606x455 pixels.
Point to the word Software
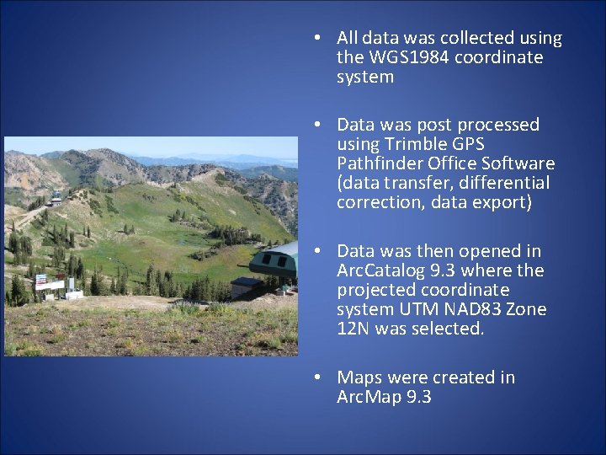click(519, 163)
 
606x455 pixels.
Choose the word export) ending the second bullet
click(502, 202)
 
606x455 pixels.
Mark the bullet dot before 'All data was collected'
click(314, 39)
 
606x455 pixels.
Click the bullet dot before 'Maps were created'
click(314, 378)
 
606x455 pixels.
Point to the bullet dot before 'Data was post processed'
click(314, 126)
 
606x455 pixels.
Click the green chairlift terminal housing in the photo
click(276, 261)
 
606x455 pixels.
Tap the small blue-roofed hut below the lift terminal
click(247, 286)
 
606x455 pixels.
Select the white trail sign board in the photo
click(50, 285)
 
